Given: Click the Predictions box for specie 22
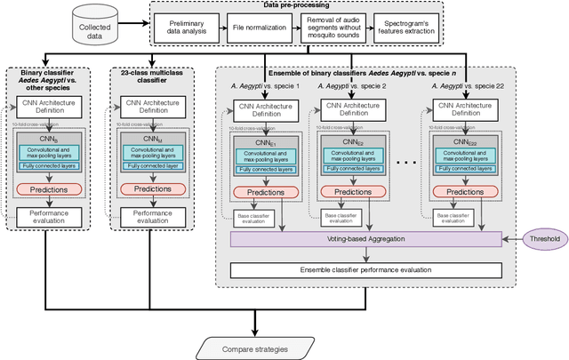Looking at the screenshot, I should point(468,192).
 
